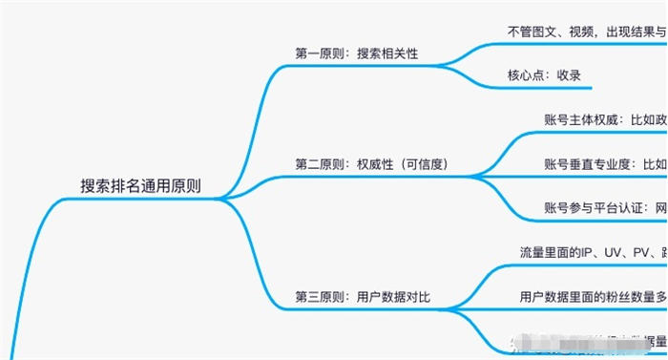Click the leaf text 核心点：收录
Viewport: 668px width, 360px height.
click(544, 75)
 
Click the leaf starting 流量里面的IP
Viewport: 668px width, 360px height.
click(593, 252)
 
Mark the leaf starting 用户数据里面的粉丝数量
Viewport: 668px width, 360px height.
click(593, 296)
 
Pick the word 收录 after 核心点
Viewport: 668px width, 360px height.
click(569, 75)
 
